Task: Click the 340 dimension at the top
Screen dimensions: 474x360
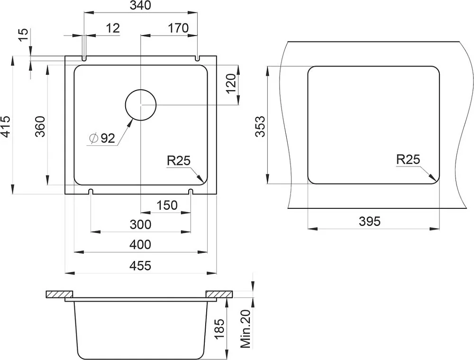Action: coord(140,5)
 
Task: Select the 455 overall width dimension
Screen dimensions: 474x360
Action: coord(140,266)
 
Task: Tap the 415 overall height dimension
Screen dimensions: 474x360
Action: coord(6,126)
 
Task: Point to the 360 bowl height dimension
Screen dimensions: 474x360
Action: coord(40,126)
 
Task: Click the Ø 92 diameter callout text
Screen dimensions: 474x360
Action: coord(102,138)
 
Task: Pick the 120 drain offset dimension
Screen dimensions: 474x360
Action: coord(231,84)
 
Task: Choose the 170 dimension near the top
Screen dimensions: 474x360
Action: coord(178,28)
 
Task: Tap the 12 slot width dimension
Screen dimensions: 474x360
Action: coord(113,28)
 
